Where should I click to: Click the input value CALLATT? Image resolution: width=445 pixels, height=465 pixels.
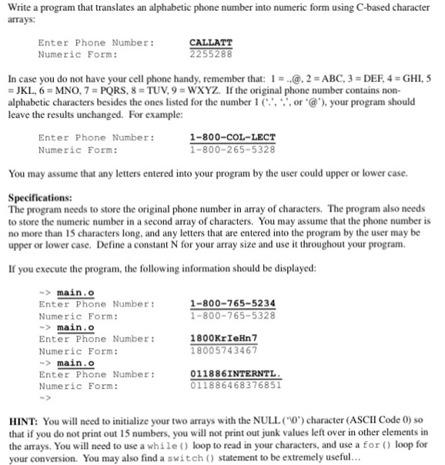tap(211, 43)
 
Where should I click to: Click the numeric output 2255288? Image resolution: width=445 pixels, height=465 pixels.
tap(211, 55)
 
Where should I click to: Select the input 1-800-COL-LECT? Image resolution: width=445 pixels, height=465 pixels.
tap(232, 138)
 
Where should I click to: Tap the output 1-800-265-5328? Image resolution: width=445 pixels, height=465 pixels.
tap(232, 149)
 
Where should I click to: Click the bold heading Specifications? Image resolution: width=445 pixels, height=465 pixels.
tap(40, 198)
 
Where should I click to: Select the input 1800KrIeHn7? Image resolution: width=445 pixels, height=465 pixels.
tap(224, 338)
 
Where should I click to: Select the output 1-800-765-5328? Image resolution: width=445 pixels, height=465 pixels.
tap(232, 315)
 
